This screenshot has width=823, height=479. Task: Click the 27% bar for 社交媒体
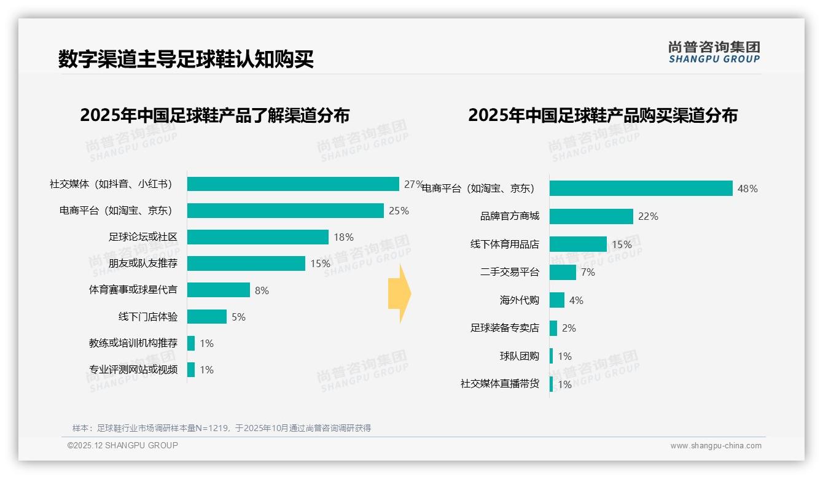point(293,184)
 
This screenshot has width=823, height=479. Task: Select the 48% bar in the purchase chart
point(641,188)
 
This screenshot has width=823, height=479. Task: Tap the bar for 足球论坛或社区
point(258,237)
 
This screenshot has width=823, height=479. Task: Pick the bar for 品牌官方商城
point(591,216)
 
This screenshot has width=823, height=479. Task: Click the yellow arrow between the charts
point(399,294)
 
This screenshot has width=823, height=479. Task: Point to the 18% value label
point(344,237)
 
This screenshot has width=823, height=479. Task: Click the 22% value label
point(648,216)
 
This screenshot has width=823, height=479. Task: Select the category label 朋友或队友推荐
point(143,263)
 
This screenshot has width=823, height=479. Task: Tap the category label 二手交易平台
point(510,272)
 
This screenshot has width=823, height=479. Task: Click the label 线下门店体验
point(148,317)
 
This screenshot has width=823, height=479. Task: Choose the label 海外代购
point(520,300)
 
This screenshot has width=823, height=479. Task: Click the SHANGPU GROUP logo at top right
point(714,52)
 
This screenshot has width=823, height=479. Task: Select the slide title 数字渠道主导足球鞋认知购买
point(186,60)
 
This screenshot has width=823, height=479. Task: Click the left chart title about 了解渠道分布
point(215,115)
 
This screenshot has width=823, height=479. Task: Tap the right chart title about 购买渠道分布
point(603,115)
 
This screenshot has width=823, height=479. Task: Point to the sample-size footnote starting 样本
point(222,428)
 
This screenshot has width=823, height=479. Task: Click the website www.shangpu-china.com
point(716,446)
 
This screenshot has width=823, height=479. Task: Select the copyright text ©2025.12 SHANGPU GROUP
point(123,445)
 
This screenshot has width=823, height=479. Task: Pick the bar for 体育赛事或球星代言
point(219,290)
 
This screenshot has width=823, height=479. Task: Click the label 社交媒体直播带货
point(500,384)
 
